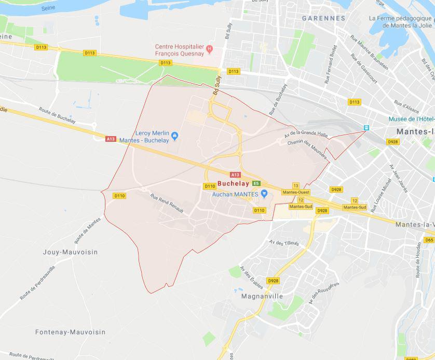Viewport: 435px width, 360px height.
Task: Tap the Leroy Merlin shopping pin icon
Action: pos(175,137)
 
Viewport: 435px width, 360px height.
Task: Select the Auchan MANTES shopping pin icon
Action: pos(264,194)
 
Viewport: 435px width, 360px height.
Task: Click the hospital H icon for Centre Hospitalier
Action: pos(210,50)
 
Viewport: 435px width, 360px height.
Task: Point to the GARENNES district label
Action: pos(324,18)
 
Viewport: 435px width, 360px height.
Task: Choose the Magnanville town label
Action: pos(262,296)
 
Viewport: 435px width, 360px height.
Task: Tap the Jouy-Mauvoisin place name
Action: pos(70,252)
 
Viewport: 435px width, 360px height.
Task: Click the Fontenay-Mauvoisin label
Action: pos(70,332)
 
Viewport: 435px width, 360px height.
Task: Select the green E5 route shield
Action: pos(256,183)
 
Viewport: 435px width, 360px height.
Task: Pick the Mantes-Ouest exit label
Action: pos(295,192)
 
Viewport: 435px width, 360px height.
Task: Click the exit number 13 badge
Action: pos(295,185)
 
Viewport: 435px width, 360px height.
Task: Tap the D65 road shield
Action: pos(429,240)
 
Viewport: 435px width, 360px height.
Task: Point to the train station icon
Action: pos(366,128)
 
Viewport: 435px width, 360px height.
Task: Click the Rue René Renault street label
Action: pos(168,204)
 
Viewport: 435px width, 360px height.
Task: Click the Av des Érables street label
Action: pos(249,276)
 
